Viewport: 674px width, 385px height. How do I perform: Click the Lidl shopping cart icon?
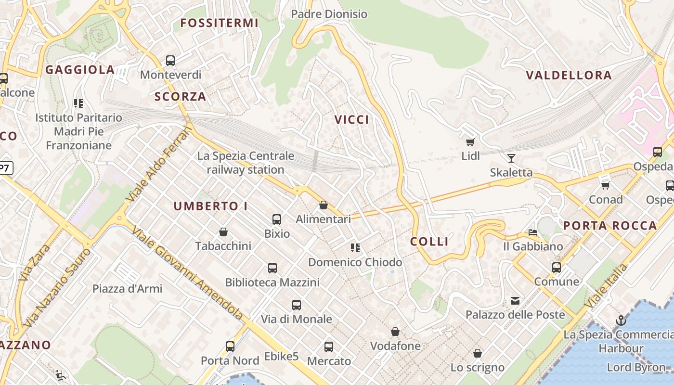[x=470, y=142]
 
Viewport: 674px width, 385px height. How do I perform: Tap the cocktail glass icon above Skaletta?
[x=511, y=158]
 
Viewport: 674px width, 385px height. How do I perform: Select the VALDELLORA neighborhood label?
[x=569, y=75]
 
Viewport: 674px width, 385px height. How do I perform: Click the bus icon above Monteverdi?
[x=170, y=61]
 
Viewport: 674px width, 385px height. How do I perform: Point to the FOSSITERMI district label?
[x=219, y=23]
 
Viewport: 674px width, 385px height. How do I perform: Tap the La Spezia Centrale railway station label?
[x=246, y=163]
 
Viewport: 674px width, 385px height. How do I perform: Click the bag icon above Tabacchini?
[x=223, y=232]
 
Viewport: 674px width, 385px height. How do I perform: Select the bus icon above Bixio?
[x=277, y=219]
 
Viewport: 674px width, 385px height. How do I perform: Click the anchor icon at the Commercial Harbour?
[x=621, y=321]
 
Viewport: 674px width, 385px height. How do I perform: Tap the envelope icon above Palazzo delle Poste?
[x=515, y=301]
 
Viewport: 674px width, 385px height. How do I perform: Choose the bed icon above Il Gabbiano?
[x=533, y=232]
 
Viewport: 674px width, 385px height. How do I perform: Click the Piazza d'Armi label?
[x=127, y=289]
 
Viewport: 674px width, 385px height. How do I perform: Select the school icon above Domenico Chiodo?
[x=355, y=248]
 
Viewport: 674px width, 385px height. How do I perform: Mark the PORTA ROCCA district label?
[x=610, y=225]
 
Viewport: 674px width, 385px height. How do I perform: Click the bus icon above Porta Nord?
[x=230, y=346]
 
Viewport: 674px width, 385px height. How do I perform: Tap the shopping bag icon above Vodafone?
[x=395, y=332]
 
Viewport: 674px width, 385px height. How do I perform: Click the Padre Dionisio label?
[x=329, y=14]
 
